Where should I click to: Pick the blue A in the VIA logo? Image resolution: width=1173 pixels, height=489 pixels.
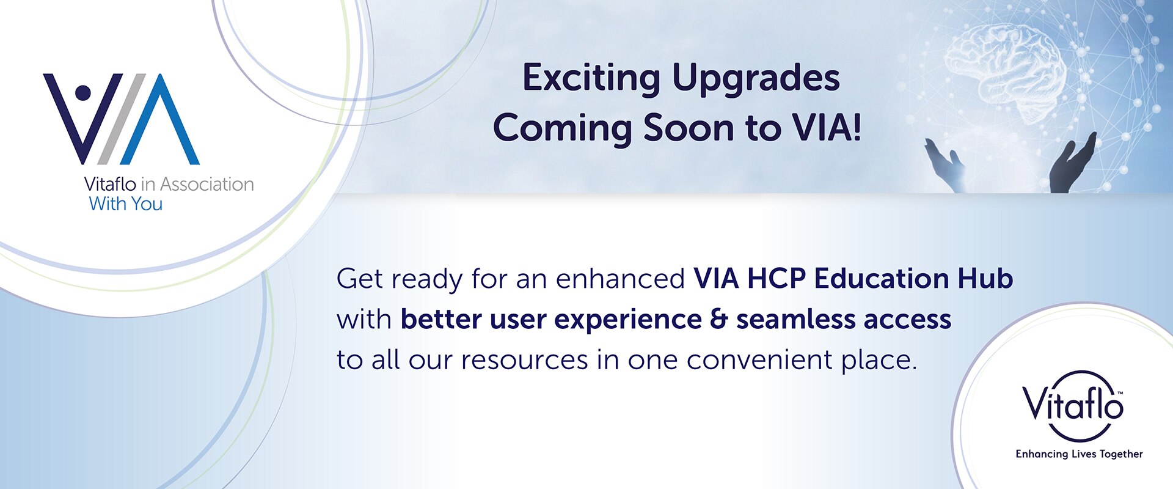160,119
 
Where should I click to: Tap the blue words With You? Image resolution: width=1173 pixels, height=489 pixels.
126,204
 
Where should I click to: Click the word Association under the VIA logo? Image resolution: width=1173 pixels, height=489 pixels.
207,184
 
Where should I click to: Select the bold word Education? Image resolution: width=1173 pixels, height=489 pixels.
881,279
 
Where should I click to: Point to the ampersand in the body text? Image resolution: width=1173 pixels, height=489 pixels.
719,320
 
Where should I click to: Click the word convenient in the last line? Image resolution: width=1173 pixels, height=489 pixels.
759,360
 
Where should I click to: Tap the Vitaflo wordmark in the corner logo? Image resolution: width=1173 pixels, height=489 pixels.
1073,404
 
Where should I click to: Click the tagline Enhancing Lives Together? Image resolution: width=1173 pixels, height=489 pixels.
1079,454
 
